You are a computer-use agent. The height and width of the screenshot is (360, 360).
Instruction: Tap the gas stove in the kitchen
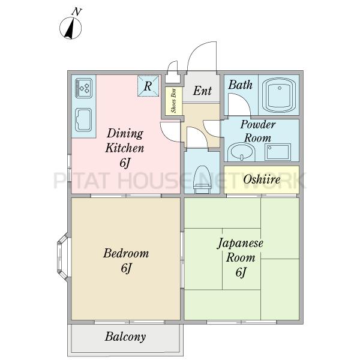(x=83, y=88)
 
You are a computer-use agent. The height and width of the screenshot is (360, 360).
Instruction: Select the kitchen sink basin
(x=83, y=119)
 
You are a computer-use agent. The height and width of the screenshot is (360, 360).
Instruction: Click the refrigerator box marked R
(x=148, y=86)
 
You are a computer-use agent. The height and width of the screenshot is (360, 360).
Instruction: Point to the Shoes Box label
(x=174, y=101)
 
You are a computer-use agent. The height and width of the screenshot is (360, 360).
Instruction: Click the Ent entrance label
(x=202, y=91)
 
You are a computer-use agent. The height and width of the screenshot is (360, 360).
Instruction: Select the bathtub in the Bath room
(x=279, y=95)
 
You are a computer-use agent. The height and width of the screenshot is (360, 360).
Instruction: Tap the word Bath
(x=240, y=85)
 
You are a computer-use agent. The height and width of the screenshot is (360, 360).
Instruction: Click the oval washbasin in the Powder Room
(x=241, y=152)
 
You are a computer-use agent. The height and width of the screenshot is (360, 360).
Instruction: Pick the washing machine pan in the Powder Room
(x=278, y=152)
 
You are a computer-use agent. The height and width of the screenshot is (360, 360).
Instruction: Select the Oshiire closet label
(x=262, y=179)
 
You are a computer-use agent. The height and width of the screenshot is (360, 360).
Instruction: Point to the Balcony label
(x=125, y=337)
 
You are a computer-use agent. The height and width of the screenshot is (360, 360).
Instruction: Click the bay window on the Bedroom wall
(x=63, y=257)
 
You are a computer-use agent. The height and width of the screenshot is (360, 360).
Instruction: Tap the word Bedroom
(x=126, y=253)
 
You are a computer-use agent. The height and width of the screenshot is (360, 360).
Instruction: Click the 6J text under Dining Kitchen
(x=125, y=163)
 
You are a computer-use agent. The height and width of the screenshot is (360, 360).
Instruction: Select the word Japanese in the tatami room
(x=240, y=244)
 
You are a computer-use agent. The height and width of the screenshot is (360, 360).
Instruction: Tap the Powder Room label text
(x=258, y=131)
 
